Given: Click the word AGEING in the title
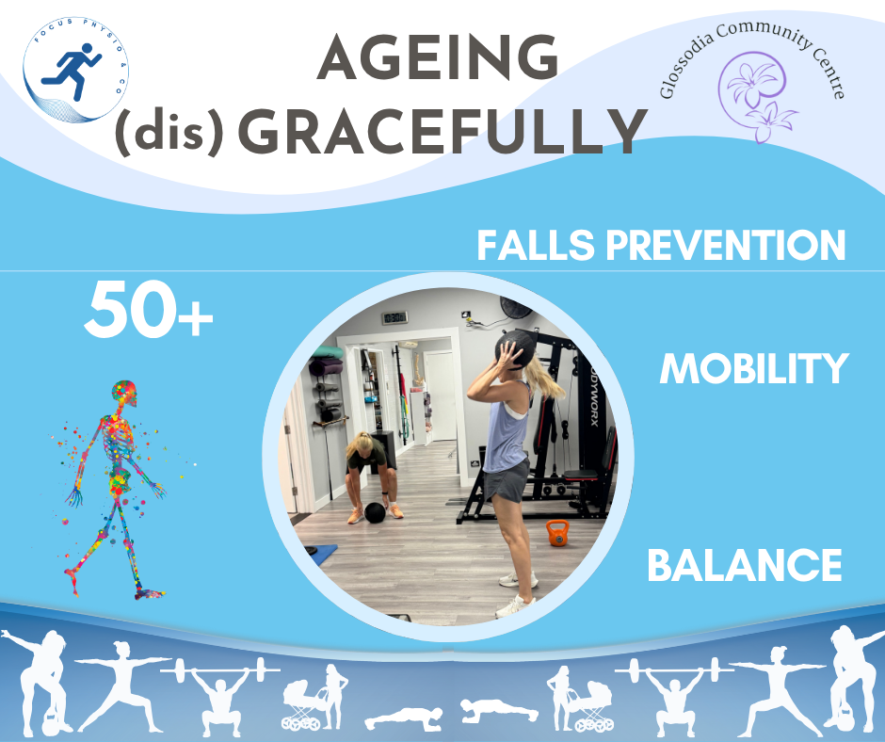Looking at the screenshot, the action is pos(438,57).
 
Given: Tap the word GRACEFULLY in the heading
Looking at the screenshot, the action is pos(443,132).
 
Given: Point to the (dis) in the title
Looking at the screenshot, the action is pos(169,133).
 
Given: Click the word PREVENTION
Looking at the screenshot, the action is pos(726,245).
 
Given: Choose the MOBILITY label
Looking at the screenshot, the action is pos(754,369).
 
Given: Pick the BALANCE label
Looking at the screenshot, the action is pos(745,565).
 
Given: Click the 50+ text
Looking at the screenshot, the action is pos(149,310).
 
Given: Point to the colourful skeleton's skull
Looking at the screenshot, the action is pos(124,394).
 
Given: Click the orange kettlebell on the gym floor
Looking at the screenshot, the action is pos(557,533).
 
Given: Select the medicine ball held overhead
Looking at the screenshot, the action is pos(515,348).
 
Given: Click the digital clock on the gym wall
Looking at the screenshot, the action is pos(394,318).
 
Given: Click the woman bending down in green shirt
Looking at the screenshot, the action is pos(371,476).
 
